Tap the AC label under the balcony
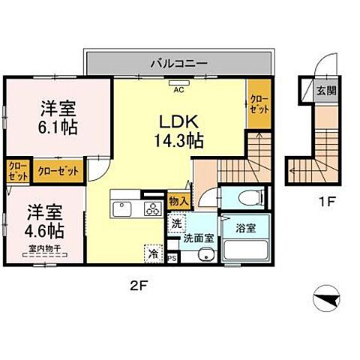[x=179, y=89]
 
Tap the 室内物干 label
[x=44, y=250]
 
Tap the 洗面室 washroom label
[x=199, y=238]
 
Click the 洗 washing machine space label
[x=175, y=223]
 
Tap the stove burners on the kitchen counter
[x=153, y=208]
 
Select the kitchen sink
[x=122, y=208]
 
